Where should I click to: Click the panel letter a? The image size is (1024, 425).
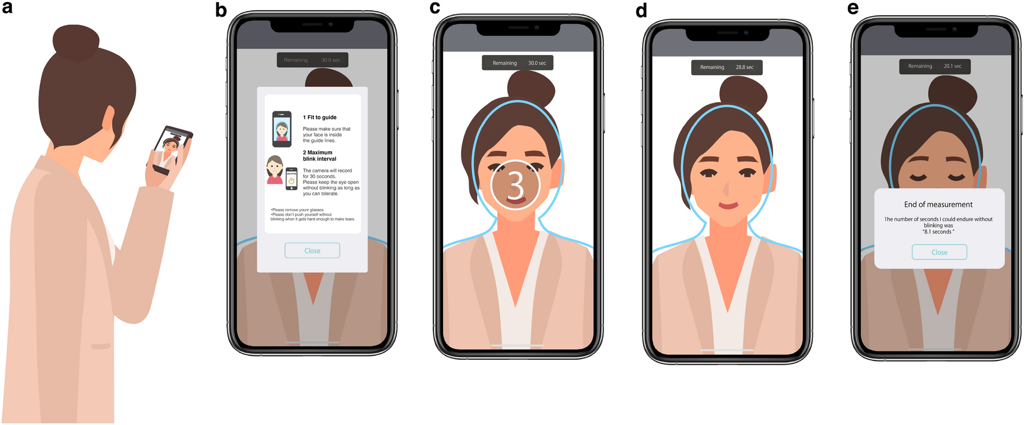[7, 8]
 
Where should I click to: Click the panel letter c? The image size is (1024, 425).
[435, 8]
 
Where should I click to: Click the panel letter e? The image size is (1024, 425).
[853, 8]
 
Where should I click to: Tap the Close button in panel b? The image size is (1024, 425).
[312, 250]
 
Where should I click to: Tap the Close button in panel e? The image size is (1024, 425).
[939, 252]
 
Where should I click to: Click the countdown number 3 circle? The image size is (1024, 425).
[516, 185]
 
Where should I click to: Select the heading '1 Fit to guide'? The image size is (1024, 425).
[320, 117]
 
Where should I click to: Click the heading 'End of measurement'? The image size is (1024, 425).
[938, 204]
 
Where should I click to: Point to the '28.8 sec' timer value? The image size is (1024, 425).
[744, 67]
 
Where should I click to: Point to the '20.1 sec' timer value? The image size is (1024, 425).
[952, 66]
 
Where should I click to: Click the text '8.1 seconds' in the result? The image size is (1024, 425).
[938, 232]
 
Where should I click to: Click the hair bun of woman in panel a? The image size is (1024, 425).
[76, 41]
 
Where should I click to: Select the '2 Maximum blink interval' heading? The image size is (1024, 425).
[319, 156]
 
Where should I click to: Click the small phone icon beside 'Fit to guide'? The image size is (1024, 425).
[282, 129]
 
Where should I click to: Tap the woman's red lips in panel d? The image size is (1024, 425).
[728, 205]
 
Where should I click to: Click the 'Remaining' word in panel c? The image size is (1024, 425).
[505, 63]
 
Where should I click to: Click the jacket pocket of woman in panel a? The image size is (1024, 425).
[101, 346]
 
